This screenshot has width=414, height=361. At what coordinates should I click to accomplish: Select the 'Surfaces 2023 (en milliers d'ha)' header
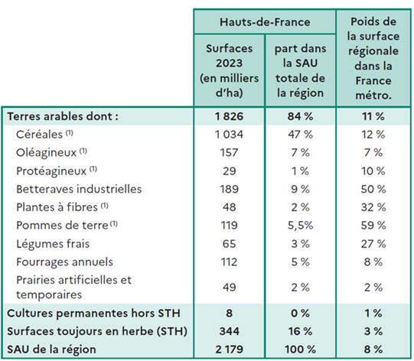point(229,70)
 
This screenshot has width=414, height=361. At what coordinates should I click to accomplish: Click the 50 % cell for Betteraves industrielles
point(374,188)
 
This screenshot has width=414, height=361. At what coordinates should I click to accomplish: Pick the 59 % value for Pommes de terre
point(374,225)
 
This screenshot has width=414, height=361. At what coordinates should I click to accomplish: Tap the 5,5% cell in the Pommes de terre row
point(299,225)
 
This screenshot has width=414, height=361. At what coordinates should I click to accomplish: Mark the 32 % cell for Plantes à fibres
point(374,207)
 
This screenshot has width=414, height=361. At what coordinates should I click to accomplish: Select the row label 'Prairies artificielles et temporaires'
point(73,286)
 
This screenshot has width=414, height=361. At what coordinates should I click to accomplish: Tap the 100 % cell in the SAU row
point(299,349)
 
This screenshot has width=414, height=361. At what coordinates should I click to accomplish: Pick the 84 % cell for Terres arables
point(299,116)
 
